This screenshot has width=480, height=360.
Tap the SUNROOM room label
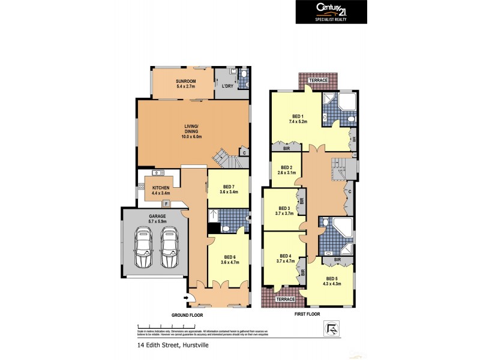coord(186,83)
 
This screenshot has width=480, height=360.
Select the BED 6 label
coord(229,259)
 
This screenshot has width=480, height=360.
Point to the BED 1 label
coord(298,119)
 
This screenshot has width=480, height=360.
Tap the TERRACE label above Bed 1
coord(317,80)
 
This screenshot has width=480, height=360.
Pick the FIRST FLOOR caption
coord(306,314)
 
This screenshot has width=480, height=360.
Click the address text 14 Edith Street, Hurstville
coord(172,345)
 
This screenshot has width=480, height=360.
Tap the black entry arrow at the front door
coord(188,297)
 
